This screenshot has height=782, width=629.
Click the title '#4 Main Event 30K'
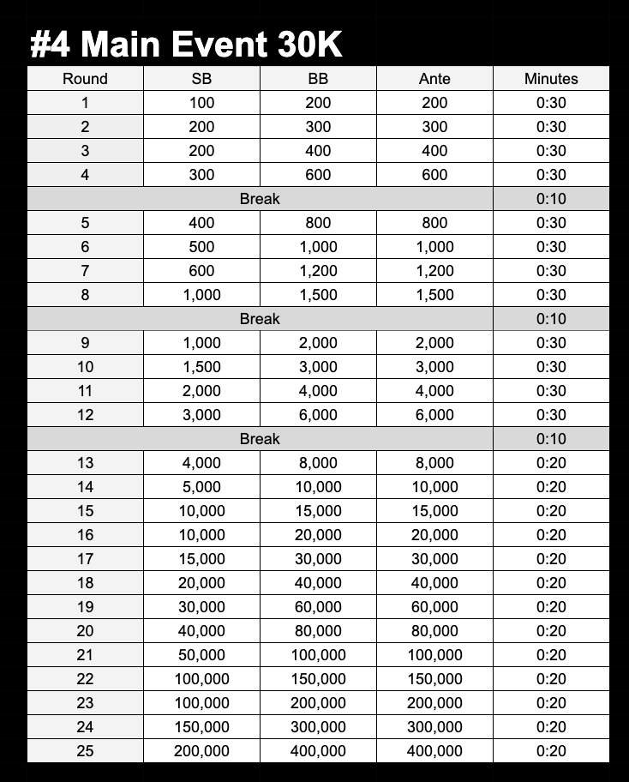pyautogui.click(x=186, y=44)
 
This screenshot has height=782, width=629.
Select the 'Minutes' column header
pyautogui.click(x=551, y=79)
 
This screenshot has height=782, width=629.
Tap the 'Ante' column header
pyautogui.click(x=434, y=79)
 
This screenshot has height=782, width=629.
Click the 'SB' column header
pyautogui.click(x=201, y=79)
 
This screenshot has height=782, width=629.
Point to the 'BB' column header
pyautogui.click(x=318, y=79)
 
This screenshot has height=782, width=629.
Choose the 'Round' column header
pyautogui.click(x=85, y=79)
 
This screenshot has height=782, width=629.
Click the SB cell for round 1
pyautogui.click(x=201, y=103)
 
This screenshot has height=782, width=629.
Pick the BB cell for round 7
pyautogui.click(x=318, y=271)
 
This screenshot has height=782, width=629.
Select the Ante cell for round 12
pyautogui.click(x=434, y=415)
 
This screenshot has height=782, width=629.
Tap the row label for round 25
pyautogui.click(x=85, y=751)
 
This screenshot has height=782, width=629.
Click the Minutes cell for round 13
pyautogui.click(x=551, y=463)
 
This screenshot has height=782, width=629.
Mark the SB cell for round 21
pyautogui.click(x=201, y=655)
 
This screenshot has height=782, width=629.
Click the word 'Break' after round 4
pyautogui.click(x=260, y=199)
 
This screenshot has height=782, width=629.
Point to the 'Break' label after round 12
pyautogui.click(x=260, y=439)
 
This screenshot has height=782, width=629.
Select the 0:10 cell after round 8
pyautogui.click(x=551, y=319)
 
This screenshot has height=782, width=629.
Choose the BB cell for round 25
pyautogui.click(x=318, y=751)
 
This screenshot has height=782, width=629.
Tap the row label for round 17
pyautogui.click(x=85, y=559)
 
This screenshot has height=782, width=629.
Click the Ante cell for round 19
pyautogui.click(x=434, y=607)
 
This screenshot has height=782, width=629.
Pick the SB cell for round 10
pyautogui.click(x=201, y=367)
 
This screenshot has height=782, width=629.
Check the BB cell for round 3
pyautogui.click(x=318, y=151)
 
